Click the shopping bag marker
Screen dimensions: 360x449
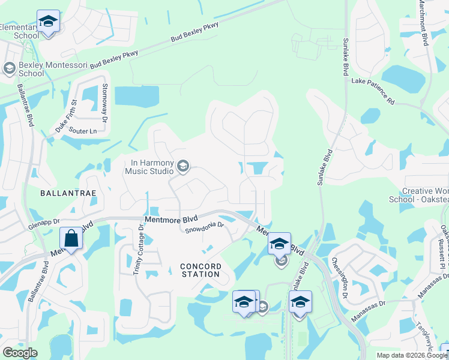(x=71, y=239)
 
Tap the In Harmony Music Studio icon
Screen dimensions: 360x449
(x=184, y=166)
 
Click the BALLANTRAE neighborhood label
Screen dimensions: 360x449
(x=65, y=193)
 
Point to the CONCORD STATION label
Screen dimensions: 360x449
(x=200, y=270)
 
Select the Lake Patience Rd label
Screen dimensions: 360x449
(x=373, y=91)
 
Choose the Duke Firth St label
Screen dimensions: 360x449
(x=66, y=116)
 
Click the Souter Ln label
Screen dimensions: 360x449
(x=82, y=130)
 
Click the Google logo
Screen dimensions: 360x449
(x=19, y=353)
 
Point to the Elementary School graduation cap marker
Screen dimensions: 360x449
(x=48, y=22)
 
